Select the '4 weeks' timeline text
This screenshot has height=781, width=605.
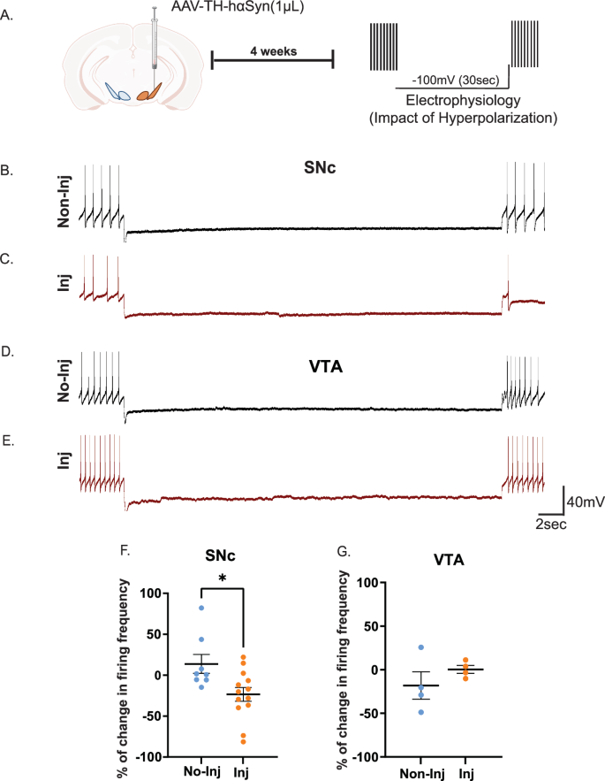(273, 50)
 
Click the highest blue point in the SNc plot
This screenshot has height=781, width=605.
(201, 608)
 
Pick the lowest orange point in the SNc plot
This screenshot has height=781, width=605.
(240, 741)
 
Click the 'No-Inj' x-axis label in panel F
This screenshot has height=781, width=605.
(202, 770)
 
